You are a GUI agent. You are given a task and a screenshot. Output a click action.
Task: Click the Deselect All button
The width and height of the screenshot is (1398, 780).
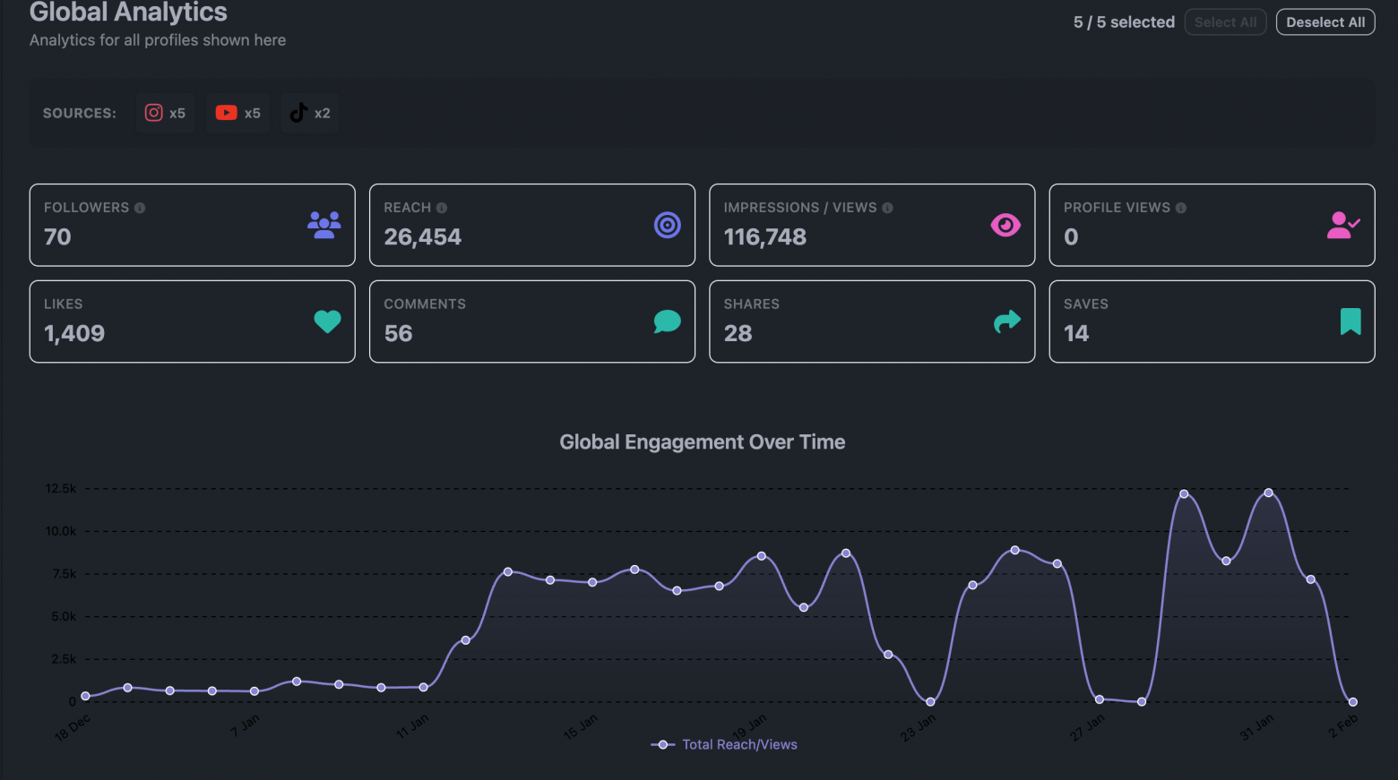[1325, 22]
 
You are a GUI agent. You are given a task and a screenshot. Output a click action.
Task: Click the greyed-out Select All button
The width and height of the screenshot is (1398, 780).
[1225, 22]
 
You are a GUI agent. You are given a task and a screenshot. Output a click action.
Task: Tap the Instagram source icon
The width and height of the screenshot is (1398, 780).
[154, 113]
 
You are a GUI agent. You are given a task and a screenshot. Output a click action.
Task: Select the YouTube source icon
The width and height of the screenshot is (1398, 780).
[226, 113]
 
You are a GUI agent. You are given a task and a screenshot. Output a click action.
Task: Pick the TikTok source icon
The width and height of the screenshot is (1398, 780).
[298, 113]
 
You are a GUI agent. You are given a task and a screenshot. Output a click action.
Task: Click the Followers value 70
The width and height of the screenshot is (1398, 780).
[57, 237]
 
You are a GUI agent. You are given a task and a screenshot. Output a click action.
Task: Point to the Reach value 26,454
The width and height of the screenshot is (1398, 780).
[422, 237]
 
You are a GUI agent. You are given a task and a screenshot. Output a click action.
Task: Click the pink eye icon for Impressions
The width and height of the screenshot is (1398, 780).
[1005, 225]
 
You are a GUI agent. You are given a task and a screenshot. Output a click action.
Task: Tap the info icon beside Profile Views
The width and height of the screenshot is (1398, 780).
[1181, 208]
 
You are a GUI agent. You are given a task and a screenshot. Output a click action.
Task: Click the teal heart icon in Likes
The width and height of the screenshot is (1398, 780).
[327, 321]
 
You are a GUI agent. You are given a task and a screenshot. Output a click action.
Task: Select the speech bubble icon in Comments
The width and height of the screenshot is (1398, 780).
[667, 321]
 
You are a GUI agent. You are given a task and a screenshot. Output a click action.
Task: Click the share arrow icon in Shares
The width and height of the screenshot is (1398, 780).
[1007, 321]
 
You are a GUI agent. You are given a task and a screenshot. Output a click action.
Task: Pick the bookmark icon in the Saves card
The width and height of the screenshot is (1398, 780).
[1350, 321]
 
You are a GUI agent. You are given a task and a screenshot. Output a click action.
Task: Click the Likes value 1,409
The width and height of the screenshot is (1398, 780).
[74, 334]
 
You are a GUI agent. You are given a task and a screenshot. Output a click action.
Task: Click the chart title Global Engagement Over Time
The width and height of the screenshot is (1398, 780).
[702, 442]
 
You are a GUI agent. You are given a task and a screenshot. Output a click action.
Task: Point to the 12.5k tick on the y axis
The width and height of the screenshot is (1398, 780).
[61, 489]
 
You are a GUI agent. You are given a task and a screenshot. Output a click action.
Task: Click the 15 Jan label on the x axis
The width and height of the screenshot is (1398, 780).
[580, 727]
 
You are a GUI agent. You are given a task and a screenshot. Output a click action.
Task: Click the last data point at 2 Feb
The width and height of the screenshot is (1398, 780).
[1352, 702]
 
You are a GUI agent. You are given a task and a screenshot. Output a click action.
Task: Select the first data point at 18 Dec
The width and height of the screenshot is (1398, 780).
[85, 696]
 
